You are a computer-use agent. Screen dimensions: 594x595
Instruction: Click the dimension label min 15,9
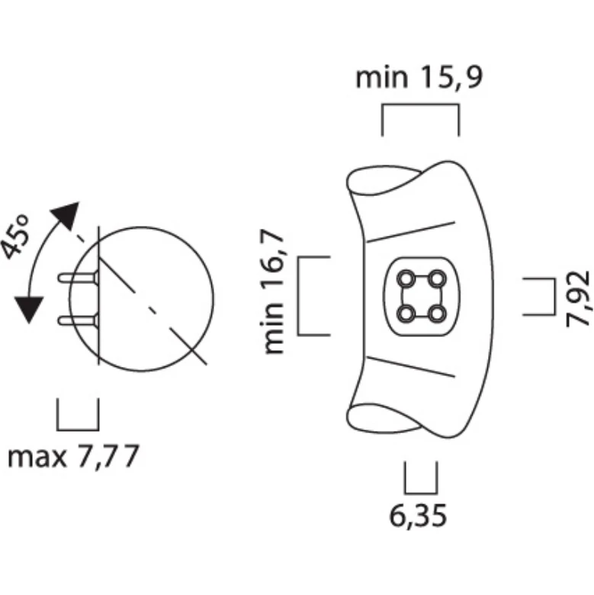coord(419,77)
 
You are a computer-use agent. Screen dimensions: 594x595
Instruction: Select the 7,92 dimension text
coord(578,298)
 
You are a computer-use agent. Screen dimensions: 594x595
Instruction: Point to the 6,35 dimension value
coord(418,516)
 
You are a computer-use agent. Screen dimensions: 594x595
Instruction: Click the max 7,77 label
coord(74,457)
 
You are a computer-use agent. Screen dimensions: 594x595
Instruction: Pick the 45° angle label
coord(15,237)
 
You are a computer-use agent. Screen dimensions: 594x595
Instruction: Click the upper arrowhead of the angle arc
coord(66,215)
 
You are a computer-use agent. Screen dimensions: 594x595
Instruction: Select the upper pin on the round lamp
coord(78,278)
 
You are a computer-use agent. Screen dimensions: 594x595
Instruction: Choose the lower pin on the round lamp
coord(78,320)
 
